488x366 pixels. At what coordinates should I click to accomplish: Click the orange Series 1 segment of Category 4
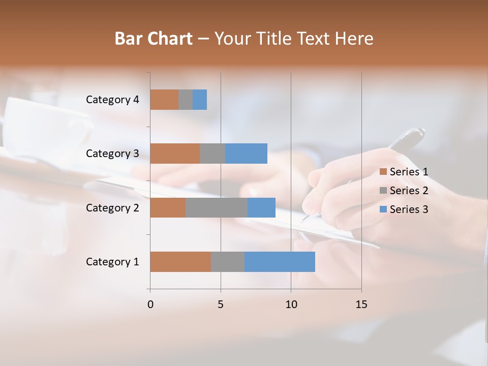tap(164, 100)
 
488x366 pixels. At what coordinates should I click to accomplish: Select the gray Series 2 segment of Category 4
tap(186, 100)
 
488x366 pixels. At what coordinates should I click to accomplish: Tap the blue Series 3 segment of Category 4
tap(200, 100)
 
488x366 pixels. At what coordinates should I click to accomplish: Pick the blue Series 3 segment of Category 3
tap(246, 154)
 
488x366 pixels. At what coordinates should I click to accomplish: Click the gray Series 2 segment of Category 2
tap(216, 207)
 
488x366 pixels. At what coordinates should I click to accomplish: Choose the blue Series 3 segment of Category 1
tap(280, 262)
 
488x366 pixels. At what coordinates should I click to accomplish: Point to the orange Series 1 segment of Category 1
tap(180, 262)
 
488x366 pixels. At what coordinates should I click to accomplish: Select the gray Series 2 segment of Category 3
tap(212, 154)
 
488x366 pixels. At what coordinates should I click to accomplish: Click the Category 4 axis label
tap(112, 100)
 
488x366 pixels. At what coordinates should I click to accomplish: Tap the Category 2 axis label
tap(112, 207)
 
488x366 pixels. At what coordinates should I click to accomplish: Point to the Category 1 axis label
tap(112, 262)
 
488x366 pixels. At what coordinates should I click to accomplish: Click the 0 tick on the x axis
tap(150, 304)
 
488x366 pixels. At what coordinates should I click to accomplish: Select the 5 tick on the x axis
tap(221, 304)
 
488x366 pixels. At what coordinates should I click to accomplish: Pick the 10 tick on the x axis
tap(291, 304)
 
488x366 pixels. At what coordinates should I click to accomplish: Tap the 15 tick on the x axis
tap(361, 304)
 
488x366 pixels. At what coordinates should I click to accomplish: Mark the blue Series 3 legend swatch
tap(383, 209)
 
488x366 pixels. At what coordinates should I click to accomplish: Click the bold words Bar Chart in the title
tap(153, 39)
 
